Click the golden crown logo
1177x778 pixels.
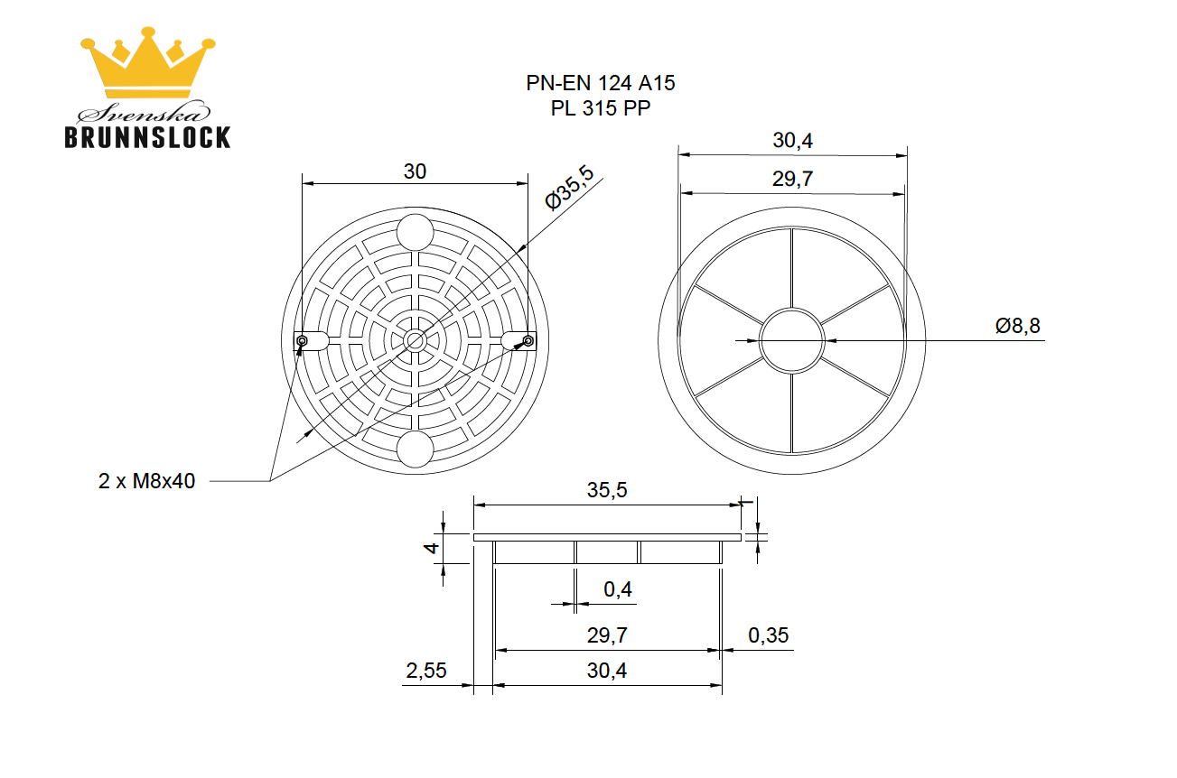click(x=147, y=62)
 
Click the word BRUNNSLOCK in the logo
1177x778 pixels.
click(x=147, y=137)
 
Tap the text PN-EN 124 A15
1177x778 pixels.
click(x=601, y=83)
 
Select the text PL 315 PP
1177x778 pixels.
click(x=601, y=108)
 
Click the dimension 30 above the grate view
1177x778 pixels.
click(x=415, y=171)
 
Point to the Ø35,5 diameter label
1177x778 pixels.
click(x=570, y=188)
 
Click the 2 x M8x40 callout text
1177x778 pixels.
click(x=146, y=481)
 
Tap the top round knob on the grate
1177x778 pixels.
click(x=416, y=232)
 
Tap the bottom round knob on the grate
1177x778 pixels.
click(x=416, y=449)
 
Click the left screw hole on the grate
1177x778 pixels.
click(x=302, y=341)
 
